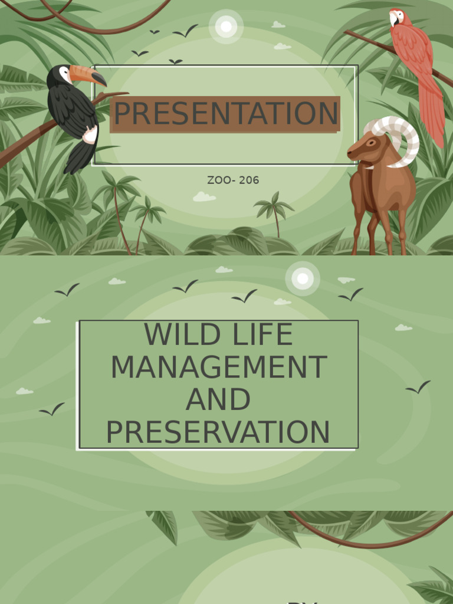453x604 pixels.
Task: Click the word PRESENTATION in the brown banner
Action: (x=226, y=114)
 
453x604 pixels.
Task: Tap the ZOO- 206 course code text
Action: (x=233, y=180)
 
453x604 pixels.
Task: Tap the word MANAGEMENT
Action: (x=219, y=367)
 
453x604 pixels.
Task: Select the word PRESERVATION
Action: (x=218, y=432)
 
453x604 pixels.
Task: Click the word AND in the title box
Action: (x=218, y=400)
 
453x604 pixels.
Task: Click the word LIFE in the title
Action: (x=264, y=335)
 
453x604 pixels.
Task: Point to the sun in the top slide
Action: (x=226, y=27)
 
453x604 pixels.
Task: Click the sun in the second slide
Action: (x=303, y=278)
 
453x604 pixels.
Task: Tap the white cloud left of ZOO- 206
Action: (x=204, y=197)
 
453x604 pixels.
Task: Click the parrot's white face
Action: (x=394, y=17)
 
